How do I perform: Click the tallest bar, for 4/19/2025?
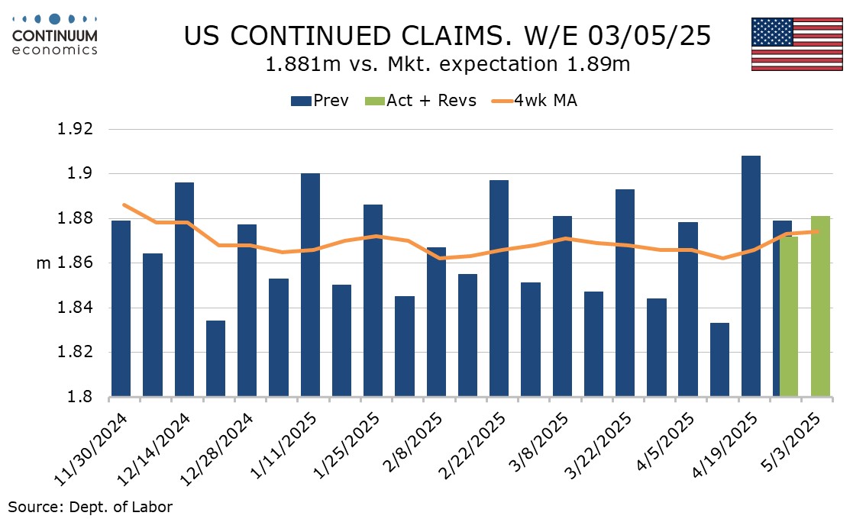coord(751,276)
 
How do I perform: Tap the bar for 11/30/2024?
coord(121,308)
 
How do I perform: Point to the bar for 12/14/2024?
coord(184,289)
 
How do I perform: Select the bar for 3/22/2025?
coord(625,293)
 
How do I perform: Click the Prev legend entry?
coord(320,101)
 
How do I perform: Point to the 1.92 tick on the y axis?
coord(75,129)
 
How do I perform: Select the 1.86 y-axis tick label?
coord(75,263)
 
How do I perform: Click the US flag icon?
coord(797,44)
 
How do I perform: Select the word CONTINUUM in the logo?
coord(55,37)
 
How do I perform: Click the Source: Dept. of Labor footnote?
coord(90,506)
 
